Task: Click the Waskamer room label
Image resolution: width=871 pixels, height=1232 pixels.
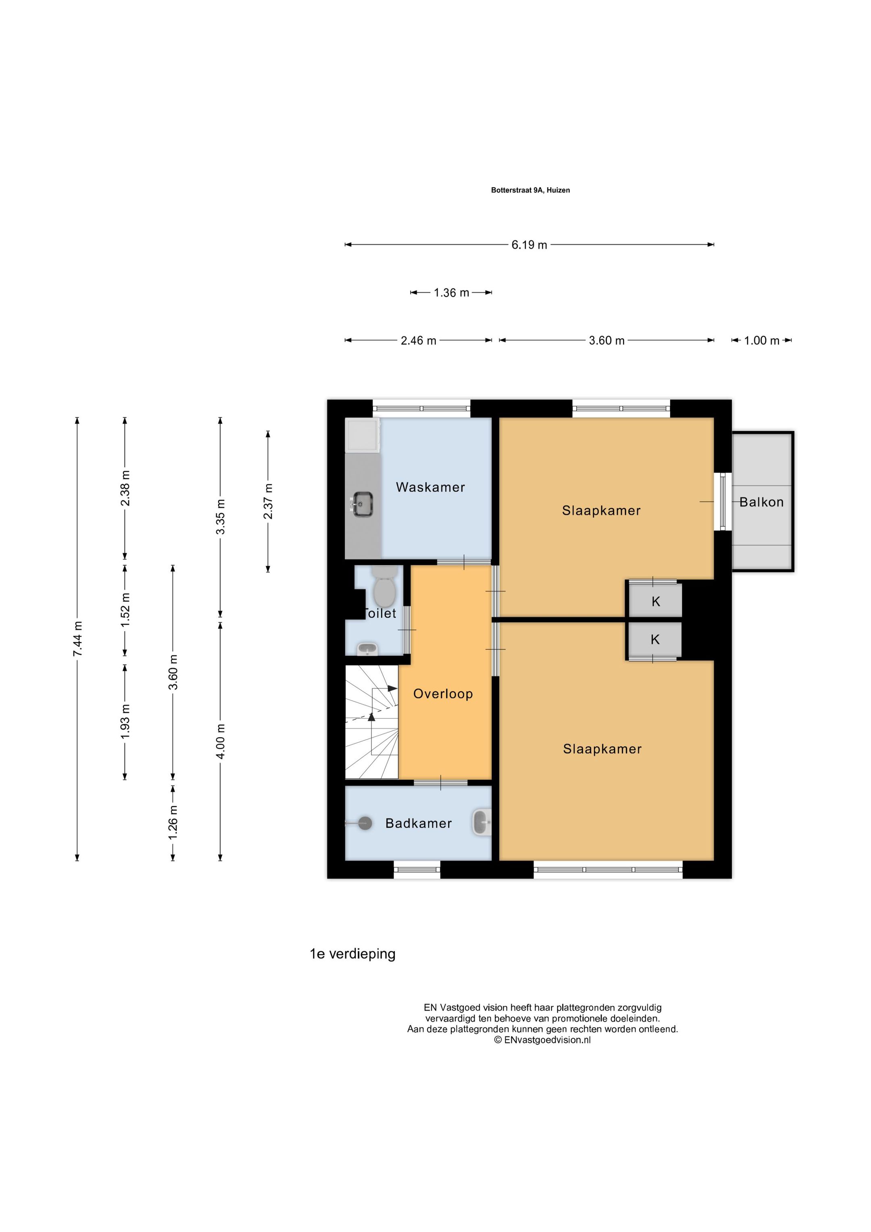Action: point(430,487)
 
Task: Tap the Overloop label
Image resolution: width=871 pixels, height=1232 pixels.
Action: point(443,694)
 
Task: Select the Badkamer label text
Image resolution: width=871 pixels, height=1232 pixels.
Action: point(419,823)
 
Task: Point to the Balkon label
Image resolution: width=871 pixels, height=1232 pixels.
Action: point(762,502)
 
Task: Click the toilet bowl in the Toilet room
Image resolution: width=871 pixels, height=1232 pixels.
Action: point(384,586)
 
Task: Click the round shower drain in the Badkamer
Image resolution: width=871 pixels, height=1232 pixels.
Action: point(365,823)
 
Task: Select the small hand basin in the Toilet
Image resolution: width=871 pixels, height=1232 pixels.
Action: point(368,649)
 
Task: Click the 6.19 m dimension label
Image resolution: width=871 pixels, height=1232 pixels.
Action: point(529,245)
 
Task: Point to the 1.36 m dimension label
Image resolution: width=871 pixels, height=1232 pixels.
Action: point(451,293)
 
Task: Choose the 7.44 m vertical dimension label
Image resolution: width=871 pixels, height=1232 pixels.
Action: point(78,638)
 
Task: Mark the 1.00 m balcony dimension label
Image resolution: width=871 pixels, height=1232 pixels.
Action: point(762,341)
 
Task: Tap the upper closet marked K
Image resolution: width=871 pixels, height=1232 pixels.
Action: point(655,601)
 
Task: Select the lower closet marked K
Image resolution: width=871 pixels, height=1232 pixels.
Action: point(655,640)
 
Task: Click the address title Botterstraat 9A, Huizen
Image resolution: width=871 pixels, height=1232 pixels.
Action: point(530,190)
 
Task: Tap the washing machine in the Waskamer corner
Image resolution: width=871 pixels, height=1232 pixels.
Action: point(363,435)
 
